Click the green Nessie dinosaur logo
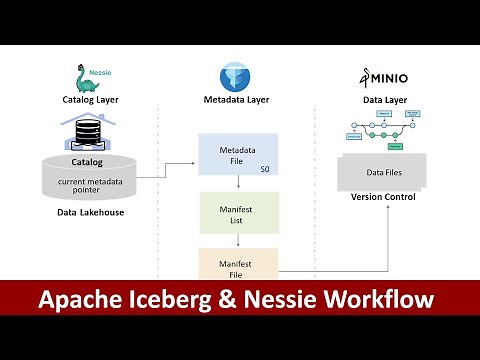coord(85,78)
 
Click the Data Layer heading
coord(383,100)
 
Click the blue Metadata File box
coord(238,156)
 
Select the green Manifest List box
coord(238,213)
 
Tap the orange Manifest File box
coord(238,264)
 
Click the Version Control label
coord(383,196)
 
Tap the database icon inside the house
coord(88,132)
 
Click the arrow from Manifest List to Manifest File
coord(238,241)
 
